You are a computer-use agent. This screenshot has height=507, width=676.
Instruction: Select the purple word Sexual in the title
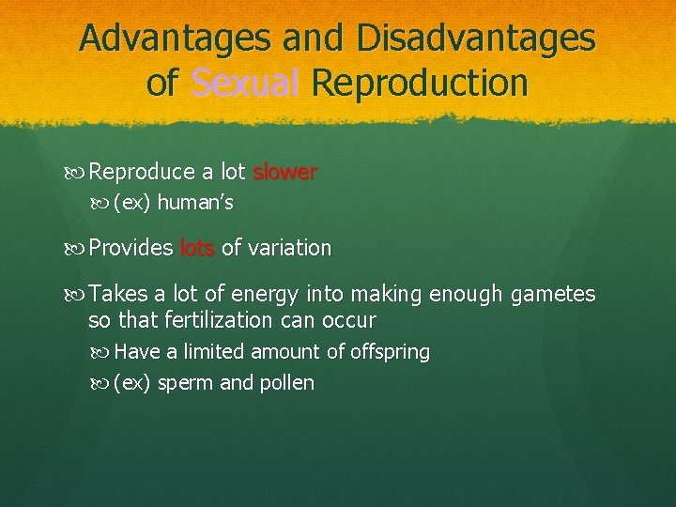[x=245, y=83]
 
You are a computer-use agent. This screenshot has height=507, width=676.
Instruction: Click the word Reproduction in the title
[x=420, y=83]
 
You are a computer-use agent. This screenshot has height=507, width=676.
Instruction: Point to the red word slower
[x=284, y=173]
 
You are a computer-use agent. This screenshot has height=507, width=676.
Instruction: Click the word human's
[x=195, y=203]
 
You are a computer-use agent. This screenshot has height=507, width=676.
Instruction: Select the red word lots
[x=197, y=249]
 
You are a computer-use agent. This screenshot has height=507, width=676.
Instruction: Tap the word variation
[x=287, y=249]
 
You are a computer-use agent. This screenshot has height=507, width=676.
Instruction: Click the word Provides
[x=131, y=249]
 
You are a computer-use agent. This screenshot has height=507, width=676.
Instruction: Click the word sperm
[x=185, y=383]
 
